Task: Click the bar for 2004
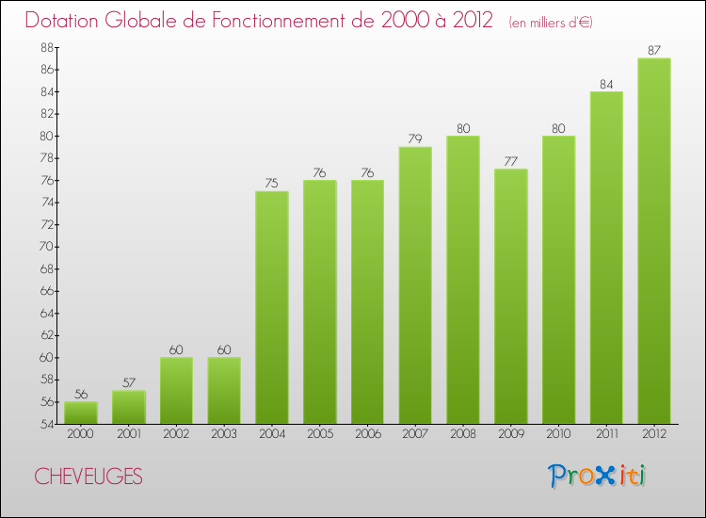pos(272,307)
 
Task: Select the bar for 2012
pos(654,240)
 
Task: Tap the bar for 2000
pos(81,413)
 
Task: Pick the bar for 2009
pos(511,296)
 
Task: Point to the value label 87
pos(654,51)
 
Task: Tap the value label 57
pos(129,383)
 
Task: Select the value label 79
pos(415,139)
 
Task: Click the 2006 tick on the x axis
pos(367,435)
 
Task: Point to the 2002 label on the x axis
pos(176,435)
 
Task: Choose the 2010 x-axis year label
pos(558,435)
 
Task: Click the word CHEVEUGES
pos(89,477)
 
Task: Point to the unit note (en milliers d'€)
pos(551,23)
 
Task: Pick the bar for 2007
pos(415,285)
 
